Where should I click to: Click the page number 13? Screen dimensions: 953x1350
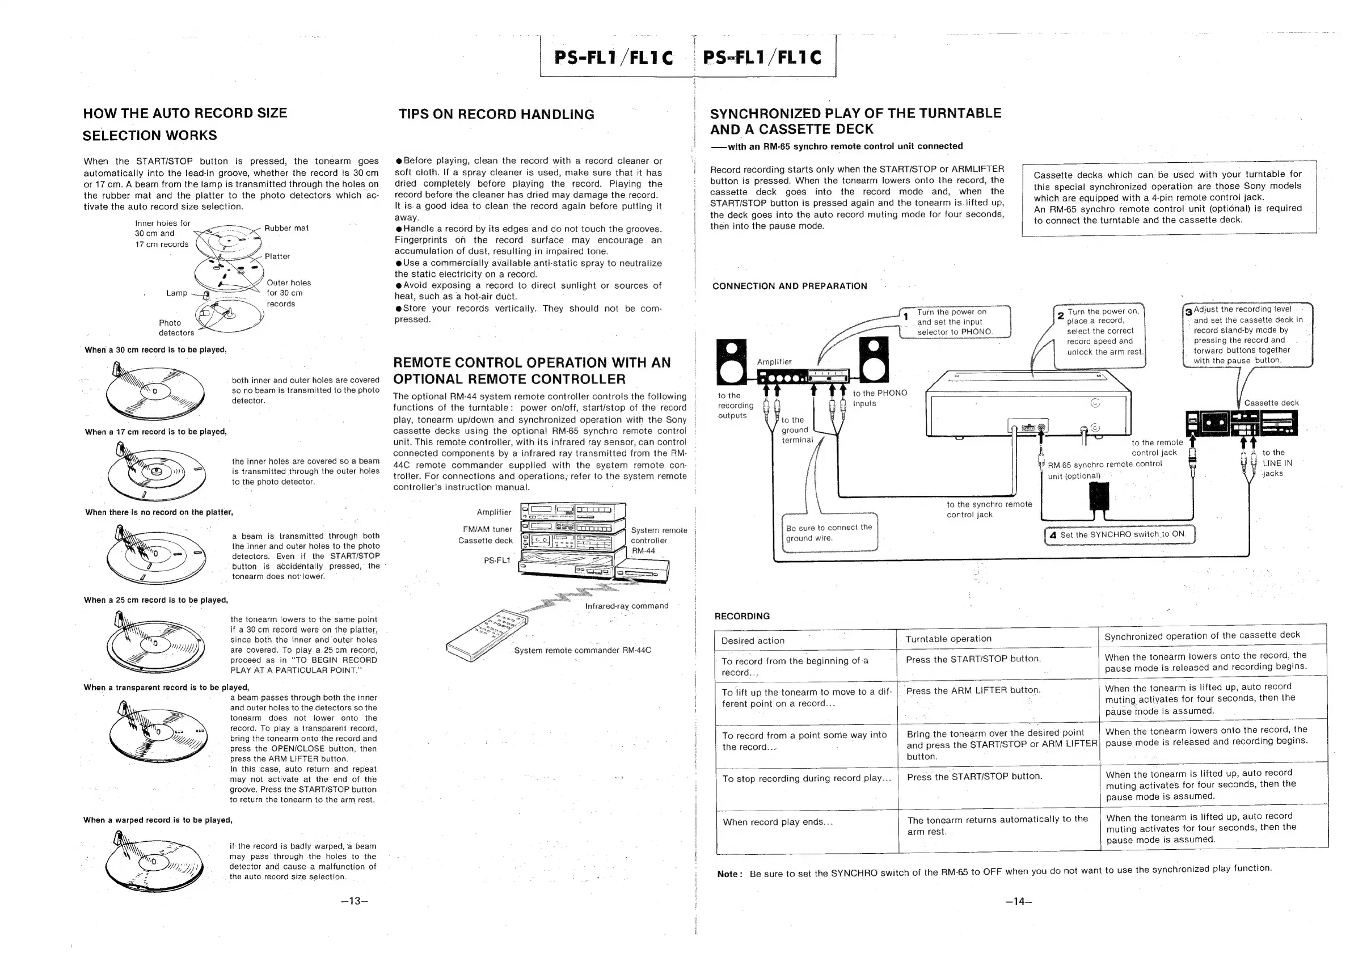pos(354,901)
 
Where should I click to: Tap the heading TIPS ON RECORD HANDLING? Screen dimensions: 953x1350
pos(496,114)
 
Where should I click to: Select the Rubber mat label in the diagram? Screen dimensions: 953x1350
pos(286,228)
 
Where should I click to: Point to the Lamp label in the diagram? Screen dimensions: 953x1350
pos(176,293)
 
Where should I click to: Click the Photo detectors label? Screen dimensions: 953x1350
pos(175,327)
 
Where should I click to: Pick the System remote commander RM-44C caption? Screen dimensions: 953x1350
pos(582,650)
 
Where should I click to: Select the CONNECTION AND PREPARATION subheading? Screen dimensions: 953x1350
pos(789,286)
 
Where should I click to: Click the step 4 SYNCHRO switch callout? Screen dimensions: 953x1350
pos(1120,535)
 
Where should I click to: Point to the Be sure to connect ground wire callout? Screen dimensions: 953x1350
pos(829,533)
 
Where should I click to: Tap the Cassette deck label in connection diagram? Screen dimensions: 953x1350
pos(1271,403)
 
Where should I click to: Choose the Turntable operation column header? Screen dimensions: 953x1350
pos(948,639)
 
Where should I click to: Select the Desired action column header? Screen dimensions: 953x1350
pos(753,640)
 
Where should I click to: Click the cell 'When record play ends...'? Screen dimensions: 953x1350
pos(777,822)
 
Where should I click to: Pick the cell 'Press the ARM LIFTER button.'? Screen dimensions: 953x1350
pos(973,690)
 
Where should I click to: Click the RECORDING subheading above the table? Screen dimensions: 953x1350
pos(741,616)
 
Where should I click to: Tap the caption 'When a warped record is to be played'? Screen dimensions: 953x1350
pos(158,820)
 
